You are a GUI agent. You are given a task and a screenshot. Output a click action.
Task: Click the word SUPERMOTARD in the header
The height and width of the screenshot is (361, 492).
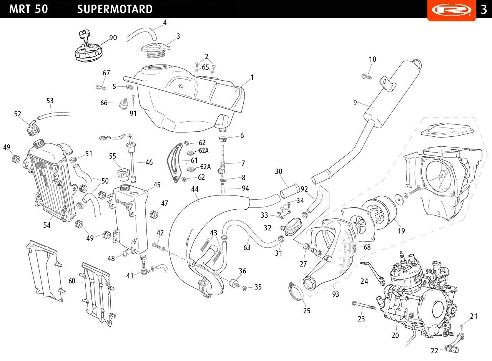115,9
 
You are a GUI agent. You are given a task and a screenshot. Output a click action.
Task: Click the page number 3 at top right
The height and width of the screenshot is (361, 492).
484,10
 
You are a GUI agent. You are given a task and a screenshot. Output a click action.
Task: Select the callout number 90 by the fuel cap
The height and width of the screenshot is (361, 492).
113,38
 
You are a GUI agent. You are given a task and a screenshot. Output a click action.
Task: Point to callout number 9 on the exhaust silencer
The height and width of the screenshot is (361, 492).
355,102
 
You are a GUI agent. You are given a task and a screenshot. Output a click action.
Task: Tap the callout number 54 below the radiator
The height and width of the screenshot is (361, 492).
47,225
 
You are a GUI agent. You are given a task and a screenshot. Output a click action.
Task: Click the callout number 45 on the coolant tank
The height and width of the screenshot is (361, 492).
157,185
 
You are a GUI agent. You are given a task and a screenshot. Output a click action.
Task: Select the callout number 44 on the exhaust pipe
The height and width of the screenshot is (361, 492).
195,189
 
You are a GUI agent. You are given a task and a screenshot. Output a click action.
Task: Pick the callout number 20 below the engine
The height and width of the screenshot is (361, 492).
395,335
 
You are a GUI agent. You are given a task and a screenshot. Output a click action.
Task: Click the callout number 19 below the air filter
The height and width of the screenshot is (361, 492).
401,231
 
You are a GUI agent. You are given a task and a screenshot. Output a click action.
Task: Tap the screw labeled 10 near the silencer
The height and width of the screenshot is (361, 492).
366,77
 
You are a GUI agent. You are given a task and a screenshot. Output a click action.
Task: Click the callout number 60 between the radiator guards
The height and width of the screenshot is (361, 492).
72,281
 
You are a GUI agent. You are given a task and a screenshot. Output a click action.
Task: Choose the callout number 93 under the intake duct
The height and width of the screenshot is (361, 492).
336,294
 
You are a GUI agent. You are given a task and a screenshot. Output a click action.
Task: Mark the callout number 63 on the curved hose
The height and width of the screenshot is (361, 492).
247,248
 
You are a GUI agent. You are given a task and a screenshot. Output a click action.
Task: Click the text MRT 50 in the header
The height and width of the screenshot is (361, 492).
28,9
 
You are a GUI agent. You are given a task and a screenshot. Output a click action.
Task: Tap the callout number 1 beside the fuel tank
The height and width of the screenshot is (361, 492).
252,78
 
